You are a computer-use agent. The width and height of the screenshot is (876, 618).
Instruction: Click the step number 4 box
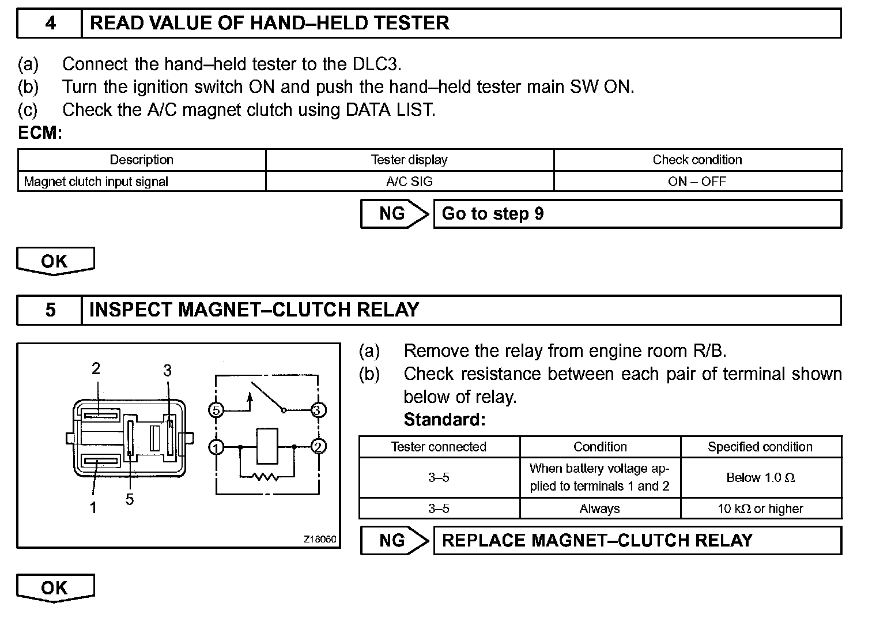coord(50,24)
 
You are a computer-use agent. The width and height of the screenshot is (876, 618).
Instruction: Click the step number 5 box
coord(50,310)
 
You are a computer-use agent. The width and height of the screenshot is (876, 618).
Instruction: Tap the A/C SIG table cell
coord(409,182)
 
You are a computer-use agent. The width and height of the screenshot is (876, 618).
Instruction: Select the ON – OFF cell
coord(697,182)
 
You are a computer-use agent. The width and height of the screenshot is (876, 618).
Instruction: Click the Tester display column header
coord(409,160)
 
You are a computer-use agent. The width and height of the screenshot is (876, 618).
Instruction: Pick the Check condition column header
coord(697,160)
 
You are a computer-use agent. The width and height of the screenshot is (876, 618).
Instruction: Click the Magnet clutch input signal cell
coord(96,182)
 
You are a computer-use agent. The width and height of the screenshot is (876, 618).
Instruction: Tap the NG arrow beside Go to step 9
coord(394,214)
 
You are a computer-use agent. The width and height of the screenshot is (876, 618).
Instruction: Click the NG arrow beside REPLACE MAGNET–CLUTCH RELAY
coord(394,541)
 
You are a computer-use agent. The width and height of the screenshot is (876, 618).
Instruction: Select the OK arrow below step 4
coord(55,261)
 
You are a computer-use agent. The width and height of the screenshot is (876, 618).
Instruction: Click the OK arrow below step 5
coord(55,588)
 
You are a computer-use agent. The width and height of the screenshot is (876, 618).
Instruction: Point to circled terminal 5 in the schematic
coord(216,410)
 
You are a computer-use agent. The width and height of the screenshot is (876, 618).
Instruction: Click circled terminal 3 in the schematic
coord(318,410)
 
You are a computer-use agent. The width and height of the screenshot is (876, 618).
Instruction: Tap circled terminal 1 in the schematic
coord(216,447)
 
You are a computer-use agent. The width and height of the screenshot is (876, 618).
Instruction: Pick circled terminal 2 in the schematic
coord(319,447)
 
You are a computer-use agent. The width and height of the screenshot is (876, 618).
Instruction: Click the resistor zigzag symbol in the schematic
coord(267,476)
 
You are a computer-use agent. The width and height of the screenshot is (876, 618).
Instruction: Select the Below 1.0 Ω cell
coord(761,478)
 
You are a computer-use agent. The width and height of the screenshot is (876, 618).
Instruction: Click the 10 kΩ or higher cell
coord(761,508)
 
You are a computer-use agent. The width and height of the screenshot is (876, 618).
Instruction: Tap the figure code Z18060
coord(320,540)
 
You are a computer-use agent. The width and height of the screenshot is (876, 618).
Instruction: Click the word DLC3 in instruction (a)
coord(376,64)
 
